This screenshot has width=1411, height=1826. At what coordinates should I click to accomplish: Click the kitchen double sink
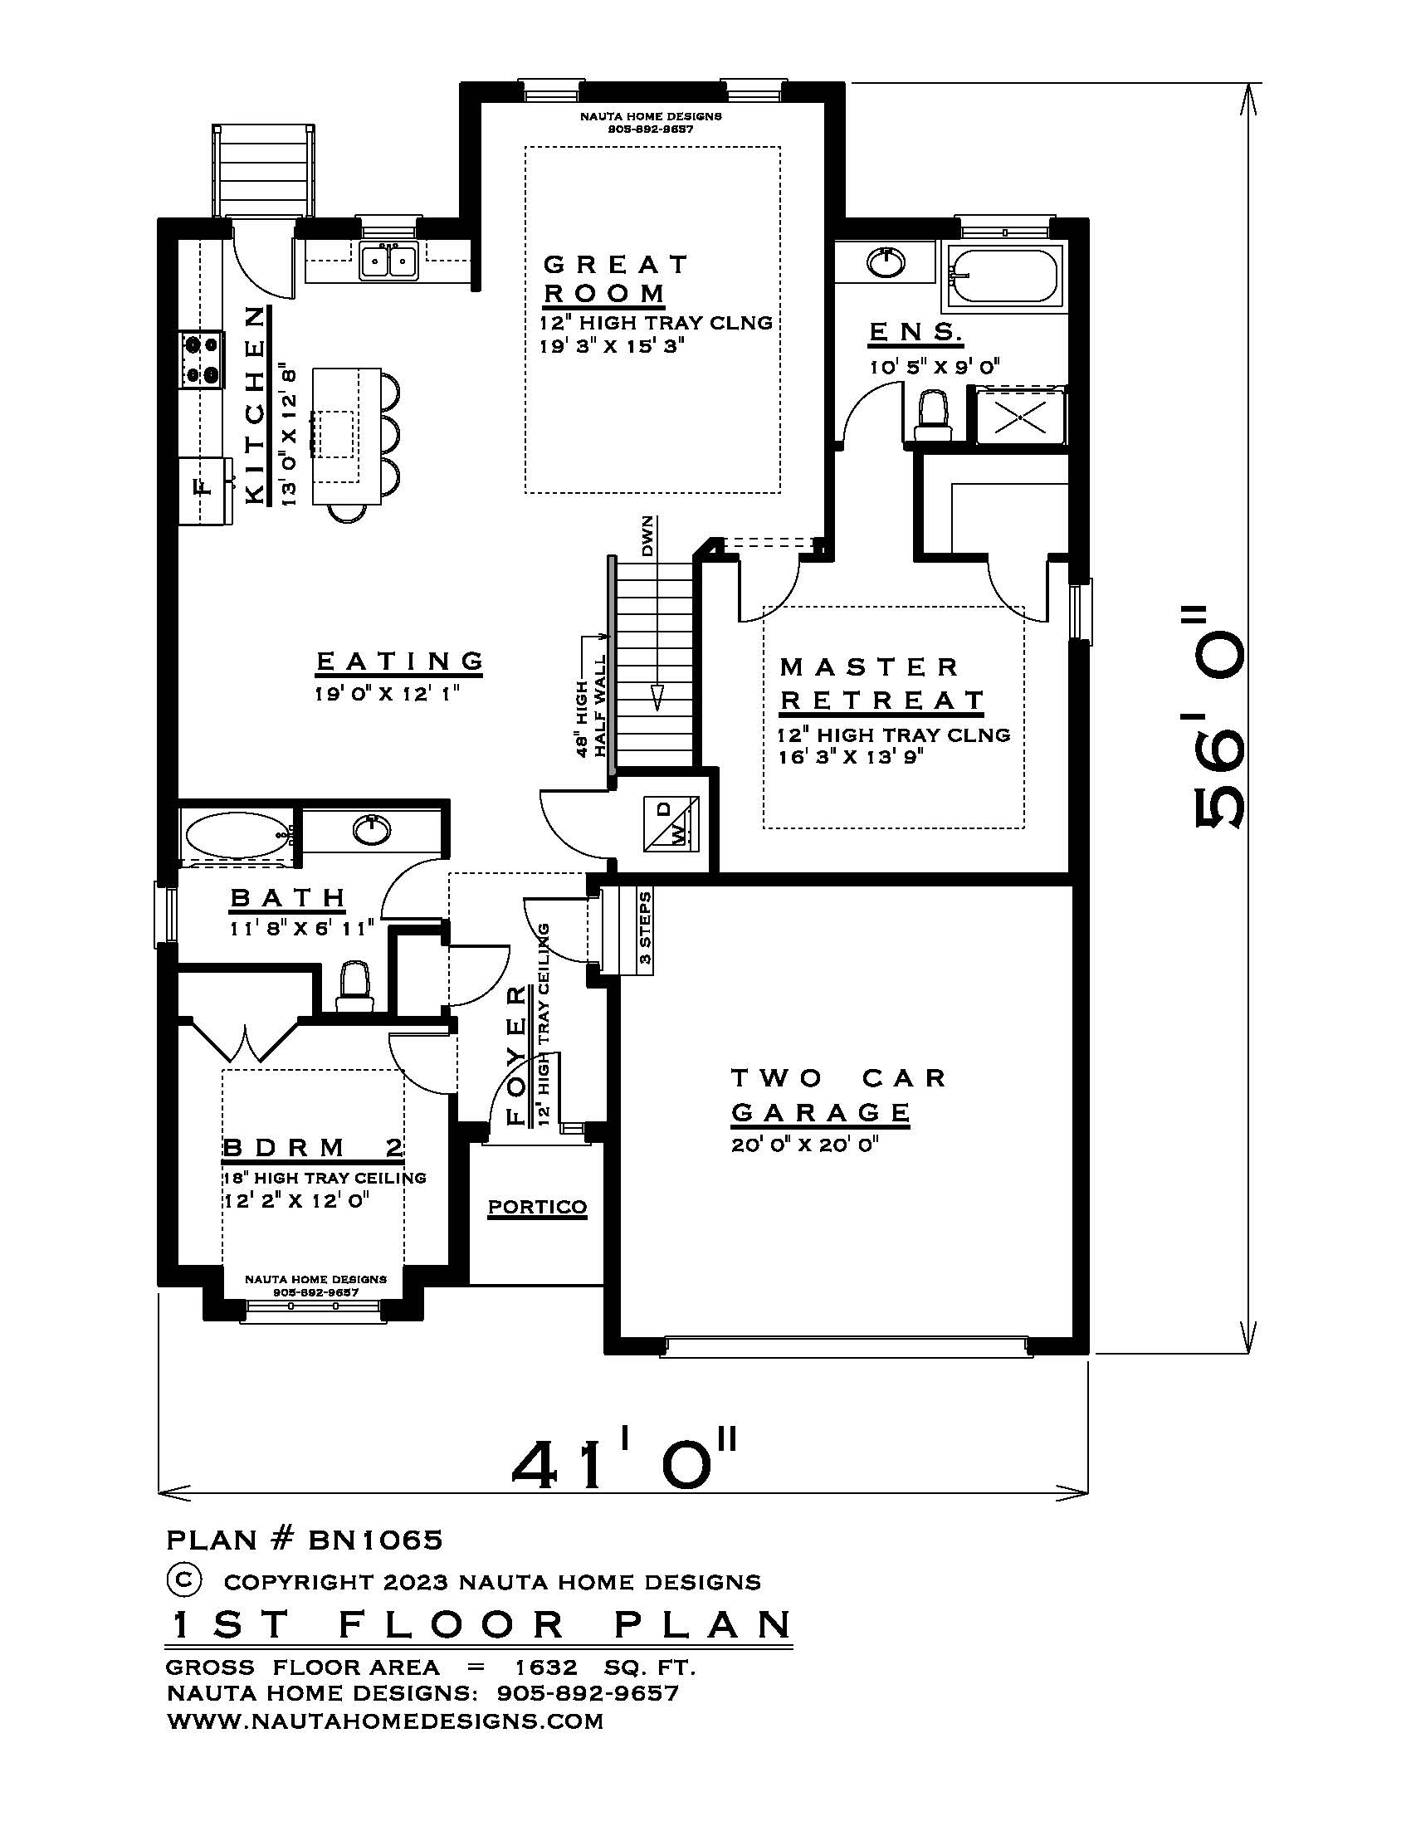click(x=388, y=261)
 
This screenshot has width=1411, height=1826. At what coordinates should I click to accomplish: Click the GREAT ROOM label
click(x=616, y=279)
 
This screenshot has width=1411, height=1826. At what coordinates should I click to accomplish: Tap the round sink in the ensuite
click(x=886, y=262)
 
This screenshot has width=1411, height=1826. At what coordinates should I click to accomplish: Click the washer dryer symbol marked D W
click(x=671, y=823)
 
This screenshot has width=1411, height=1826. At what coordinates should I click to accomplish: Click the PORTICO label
click(x=538, y=1208)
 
